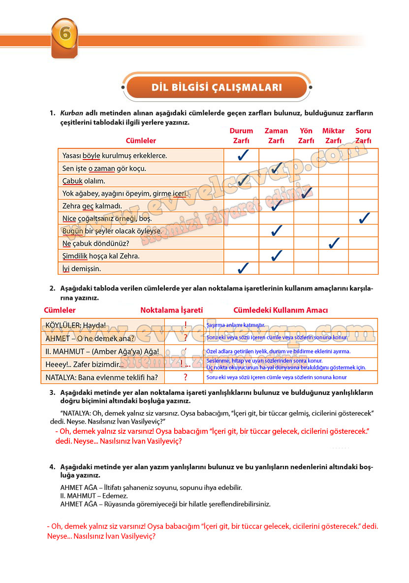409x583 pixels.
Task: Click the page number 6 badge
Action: tap(64, 36)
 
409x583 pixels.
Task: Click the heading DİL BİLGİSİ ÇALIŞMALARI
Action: tap(217, 88)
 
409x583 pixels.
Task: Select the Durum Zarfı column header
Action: tap(241, 136)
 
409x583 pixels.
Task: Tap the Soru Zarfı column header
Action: tap(363, 136)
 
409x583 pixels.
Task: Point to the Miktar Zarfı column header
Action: tap(333, 136)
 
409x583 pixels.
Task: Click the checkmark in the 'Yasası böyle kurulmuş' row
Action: tap(242, 156)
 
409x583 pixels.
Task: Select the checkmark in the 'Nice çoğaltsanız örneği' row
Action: tap(364, 218)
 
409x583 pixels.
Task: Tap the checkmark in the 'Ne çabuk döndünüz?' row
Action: tap(334, 243)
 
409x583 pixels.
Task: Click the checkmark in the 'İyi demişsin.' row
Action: tap(242, 268)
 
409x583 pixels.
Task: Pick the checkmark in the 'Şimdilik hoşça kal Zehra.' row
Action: tap(277, 256)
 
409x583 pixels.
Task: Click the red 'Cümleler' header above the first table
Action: tap(141, 141)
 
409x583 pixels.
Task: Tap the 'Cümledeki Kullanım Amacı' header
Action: tap(281, 311)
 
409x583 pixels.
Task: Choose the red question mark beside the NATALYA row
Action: tap(186, 378)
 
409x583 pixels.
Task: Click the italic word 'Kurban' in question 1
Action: tap(71, 113)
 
